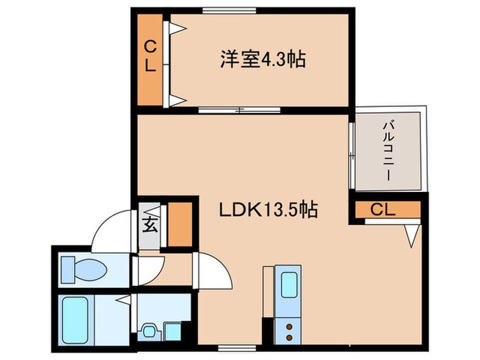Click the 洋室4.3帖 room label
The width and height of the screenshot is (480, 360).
(x=263, y=60)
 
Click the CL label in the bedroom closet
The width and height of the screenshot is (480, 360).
(x=151, y=58)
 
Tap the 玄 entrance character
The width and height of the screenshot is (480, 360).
(x=149, y=224)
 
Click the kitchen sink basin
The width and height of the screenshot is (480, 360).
(x=289, y=284)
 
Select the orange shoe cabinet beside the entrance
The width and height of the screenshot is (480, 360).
(x=180, y=224)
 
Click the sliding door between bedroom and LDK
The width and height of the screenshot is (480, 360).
(x=239, y=110)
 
